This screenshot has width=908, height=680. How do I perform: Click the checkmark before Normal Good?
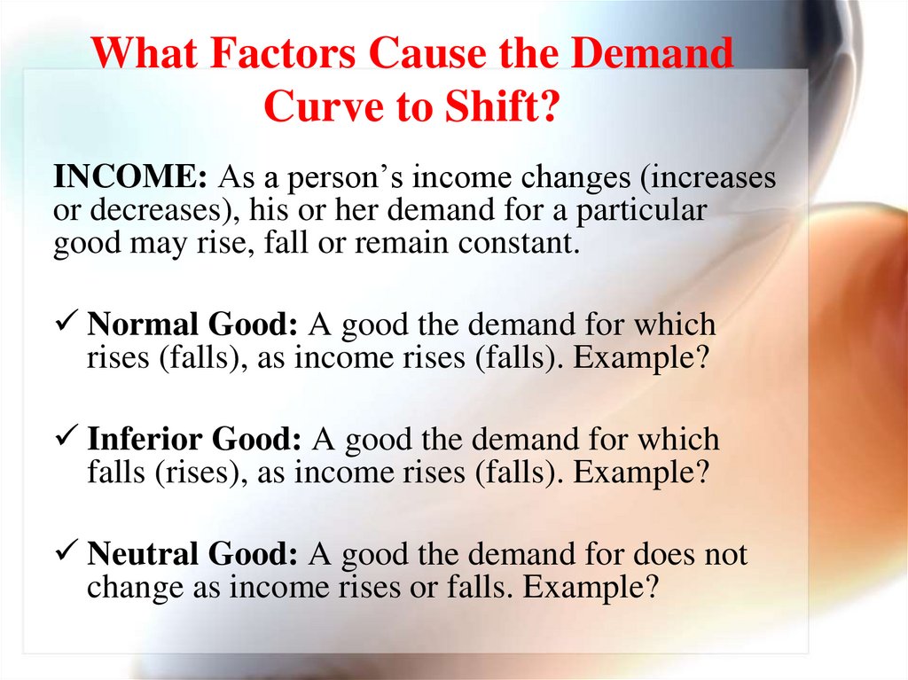69,325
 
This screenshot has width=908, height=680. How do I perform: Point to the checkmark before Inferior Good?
69,439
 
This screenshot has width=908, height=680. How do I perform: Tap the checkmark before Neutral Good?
69,554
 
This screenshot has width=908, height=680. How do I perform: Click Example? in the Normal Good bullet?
642,359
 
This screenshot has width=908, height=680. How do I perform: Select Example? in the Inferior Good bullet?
642,473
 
